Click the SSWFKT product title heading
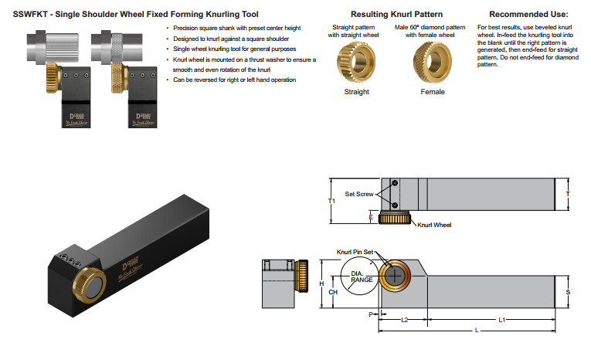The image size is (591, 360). (135, 14)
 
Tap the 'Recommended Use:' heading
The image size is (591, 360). (528, 14)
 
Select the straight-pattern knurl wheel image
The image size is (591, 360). (356, 61)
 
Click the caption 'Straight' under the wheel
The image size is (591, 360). (356, 91)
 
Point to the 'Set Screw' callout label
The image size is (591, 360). (358, 194)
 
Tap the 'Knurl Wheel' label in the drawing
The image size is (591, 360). (433, 225)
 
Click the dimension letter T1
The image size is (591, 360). (331, 199)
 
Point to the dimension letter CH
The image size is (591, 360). (333, 293)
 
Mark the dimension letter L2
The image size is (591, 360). (403, 319)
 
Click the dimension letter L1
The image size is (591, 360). (501, 319)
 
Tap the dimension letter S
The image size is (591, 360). (568, 292)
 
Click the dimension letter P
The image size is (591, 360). (370, 314)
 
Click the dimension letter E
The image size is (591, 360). (371, 218)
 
